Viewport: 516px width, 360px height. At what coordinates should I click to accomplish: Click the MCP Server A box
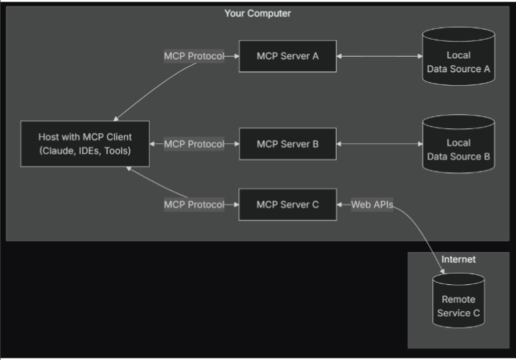(287, 57)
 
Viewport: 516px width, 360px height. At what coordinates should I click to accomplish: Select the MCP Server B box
(287, 144)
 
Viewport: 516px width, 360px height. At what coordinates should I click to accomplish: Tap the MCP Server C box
(287, 205)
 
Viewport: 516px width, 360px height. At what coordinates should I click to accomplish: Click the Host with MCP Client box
(84, 143)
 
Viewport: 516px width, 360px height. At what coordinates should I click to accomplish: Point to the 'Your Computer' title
(257, 13)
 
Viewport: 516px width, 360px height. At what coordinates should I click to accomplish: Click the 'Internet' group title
(459, 260)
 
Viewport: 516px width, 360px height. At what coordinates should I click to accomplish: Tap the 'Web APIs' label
(372, 205)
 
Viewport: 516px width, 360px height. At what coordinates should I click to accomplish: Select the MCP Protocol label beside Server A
(193, 57)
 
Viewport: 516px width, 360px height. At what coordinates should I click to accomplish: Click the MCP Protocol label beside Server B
(193, 144)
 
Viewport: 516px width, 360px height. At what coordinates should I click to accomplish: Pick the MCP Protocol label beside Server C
(193, 205)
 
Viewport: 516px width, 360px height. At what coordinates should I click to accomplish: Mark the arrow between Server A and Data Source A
(378, 57)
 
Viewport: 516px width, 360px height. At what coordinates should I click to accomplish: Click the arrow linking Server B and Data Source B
(378, 144)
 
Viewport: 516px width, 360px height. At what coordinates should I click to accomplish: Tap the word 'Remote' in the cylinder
(458, 300)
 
